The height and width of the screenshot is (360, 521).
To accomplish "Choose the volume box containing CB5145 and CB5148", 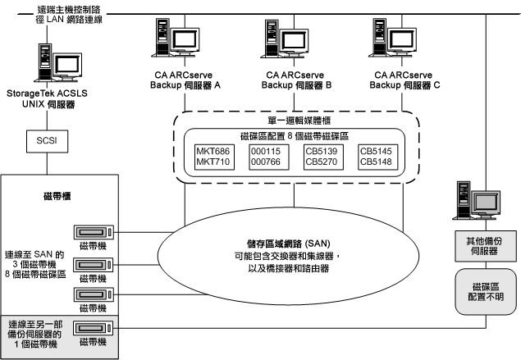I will pyautogui.click(x=378, y=157).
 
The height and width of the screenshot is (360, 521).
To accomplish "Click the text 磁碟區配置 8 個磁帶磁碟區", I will pyautogui.click(x=297, y=136).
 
